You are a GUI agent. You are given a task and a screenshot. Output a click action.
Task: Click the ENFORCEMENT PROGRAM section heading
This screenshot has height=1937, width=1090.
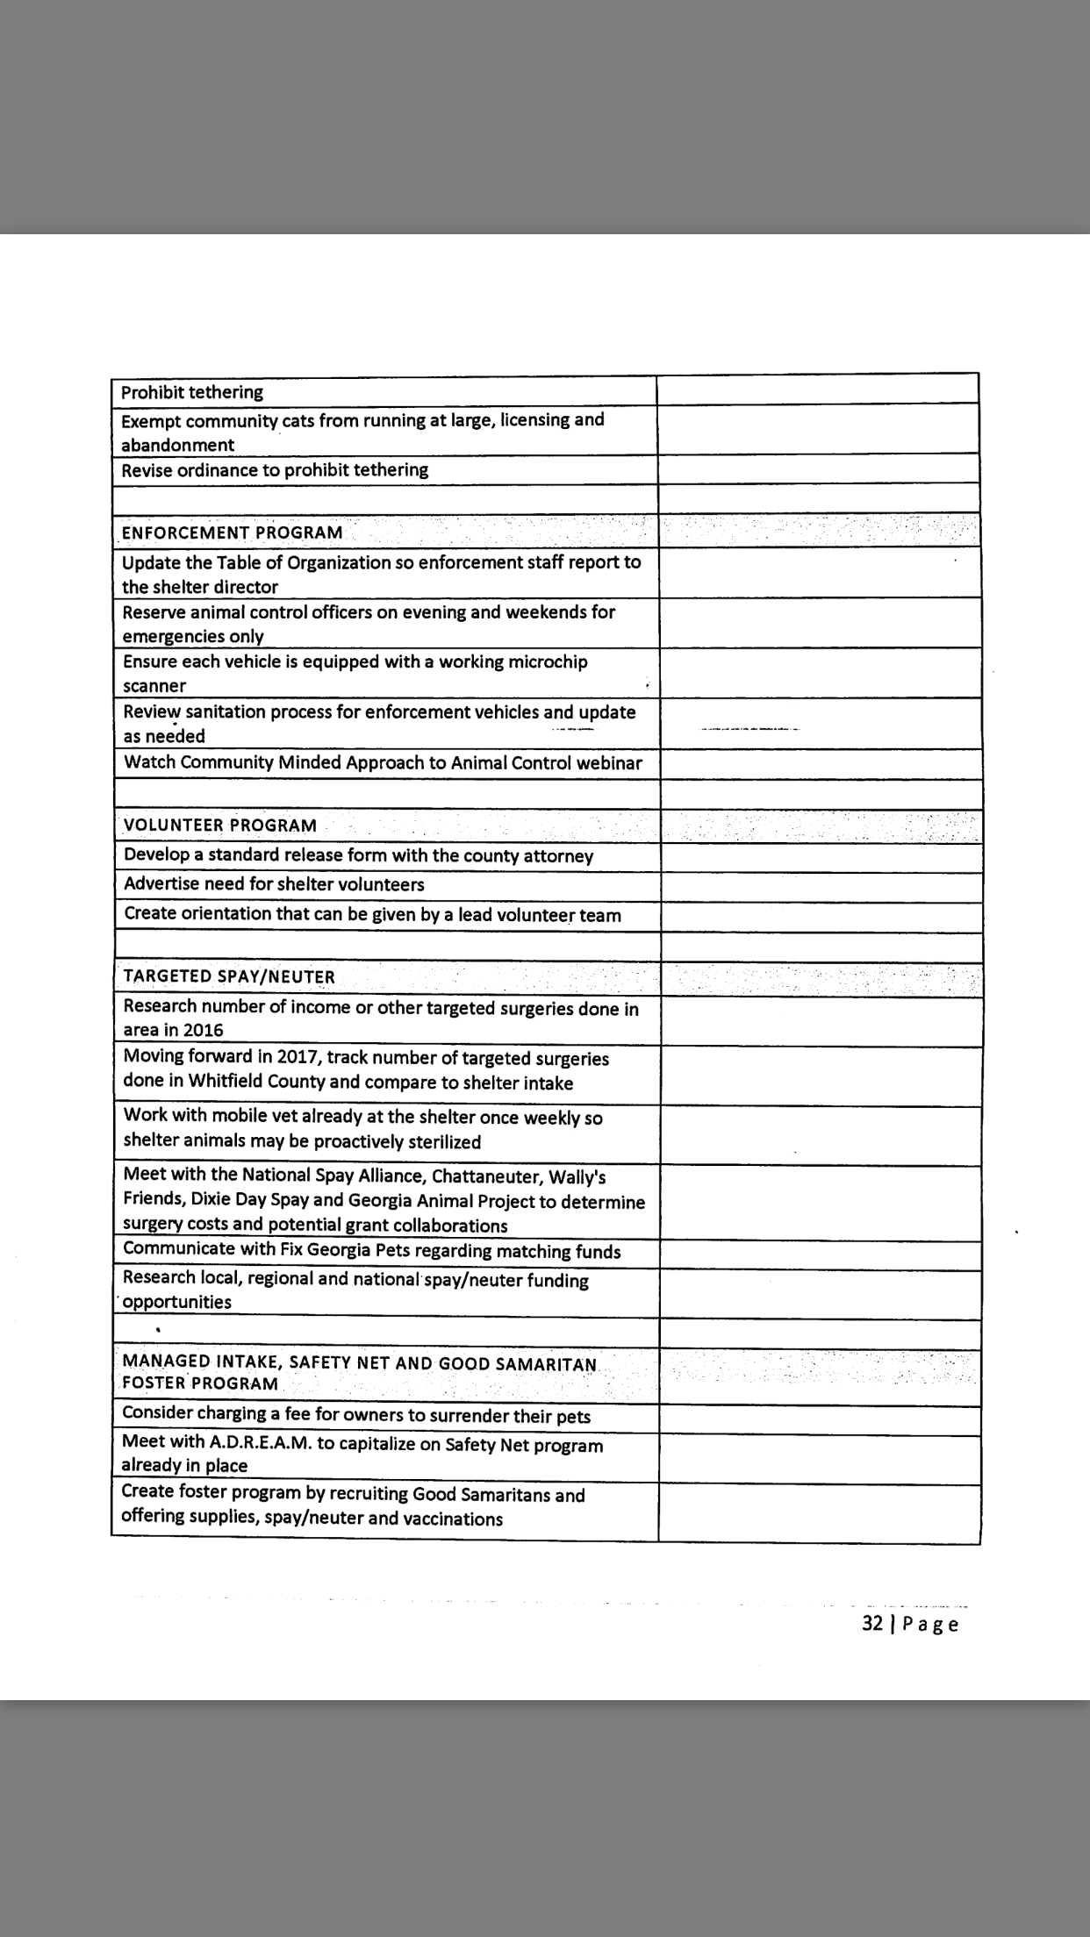pos(232,532)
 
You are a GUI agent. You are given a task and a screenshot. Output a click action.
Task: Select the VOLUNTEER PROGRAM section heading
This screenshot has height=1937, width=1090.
pos(219,826)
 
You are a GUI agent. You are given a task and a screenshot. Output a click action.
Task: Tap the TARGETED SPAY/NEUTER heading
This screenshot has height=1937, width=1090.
pos(229,976)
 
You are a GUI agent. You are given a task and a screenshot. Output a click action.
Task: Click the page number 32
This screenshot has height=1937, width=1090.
pos(872,1623)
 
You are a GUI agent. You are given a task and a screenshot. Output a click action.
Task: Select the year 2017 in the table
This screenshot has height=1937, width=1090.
pos(298,1058)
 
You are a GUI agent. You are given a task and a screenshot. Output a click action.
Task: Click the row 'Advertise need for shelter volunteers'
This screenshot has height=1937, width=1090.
pos(274,884)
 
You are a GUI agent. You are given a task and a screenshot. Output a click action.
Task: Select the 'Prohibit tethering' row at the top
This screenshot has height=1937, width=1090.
pos(191,392)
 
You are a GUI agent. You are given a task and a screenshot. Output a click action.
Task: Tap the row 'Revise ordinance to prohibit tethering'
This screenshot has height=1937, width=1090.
pos(275,469)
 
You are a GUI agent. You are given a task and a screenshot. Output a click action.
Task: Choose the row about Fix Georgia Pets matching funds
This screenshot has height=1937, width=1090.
pos(371,1250)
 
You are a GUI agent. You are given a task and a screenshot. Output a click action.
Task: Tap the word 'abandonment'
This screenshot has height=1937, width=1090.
pos(177,445)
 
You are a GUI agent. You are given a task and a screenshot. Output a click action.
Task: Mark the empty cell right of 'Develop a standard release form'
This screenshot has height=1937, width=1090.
pos(820,856)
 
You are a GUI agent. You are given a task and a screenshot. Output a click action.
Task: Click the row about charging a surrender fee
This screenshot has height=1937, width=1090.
pos(355,1415)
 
